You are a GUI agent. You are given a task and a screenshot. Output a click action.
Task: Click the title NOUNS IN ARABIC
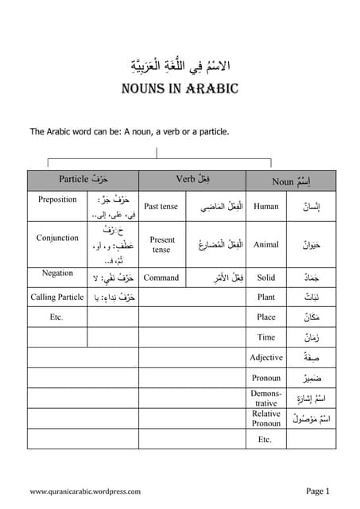tap(180, 87)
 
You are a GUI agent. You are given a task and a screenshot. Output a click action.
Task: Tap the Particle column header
tap(83, 180)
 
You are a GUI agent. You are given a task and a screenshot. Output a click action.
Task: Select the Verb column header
tap(193, 180)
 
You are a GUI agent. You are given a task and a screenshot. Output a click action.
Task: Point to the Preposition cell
tap(57, 200)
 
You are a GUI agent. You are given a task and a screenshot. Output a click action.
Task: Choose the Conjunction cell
tap(57, 238)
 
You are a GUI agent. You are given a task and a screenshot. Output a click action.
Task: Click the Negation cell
tap(57, 273)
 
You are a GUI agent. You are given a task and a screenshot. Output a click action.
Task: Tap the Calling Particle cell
tap(57, 297)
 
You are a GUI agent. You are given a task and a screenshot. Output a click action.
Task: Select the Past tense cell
tap(161, 207)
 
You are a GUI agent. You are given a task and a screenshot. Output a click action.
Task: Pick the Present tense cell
tap(161, 244)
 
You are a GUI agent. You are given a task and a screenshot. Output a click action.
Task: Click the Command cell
tap(161, 278)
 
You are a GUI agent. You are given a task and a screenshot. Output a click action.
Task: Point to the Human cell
tap(266, 207)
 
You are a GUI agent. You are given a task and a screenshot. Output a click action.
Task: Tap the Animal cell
tap(266, 244)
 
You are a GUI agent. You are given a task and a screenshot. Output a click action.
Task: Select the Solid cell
tap(266, 278)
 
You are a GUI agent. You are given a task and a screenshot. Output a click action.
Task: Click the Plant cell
tap(266, 297)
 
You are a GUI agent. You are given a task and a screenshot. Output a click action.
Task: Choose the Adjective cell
tap(266, 358)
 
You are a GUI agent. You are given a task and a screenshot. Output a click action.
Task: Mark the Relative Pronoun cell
tap(266, 418)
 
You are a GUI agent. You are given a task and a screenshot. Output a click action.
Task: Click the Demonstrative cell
tap(266, 398)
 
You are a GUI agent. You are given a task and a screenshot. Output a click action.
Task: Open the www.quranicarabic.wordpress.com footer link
tap(85, 492)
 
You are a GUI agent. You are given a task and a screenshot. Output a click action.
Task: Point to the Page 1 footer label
tap(317, 491)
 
